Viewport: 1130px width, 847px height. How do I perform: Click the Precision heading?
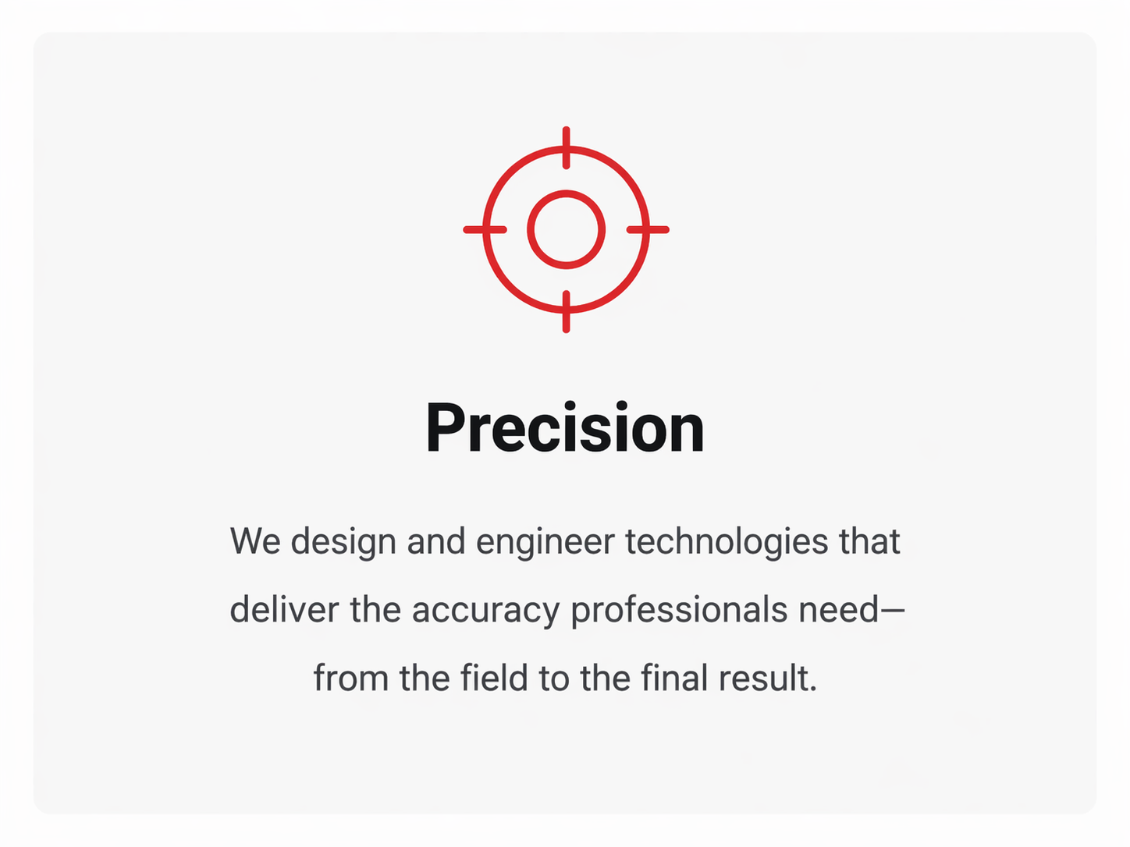565,428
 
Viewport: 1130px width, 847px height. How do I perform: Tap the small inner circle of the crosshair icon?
566,229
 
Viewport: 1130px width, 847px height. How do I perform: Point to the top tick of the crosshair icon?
566,147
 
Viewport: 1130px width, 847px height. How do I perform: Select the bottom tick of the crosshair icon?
566,312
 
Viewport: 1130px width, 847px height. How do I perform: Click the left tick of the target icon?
485,229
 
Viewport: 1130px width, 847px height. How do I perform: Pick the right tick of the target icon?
648,229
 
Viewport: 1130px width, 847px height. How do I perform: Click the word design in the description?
343,542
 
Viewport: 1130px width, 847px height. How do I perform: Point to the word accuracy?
485,611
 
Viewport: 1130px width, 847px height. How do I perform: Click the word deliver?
284,611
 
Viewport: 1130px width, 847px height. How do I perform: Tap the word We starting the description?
255,542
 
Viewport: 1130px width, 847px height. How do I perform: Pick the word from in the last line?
350,679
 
